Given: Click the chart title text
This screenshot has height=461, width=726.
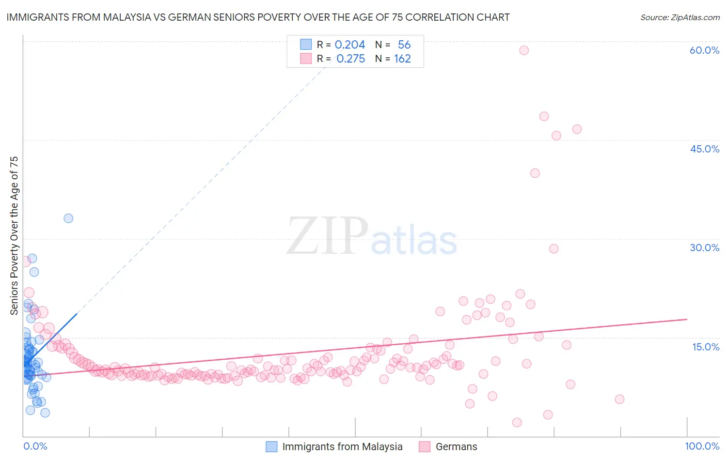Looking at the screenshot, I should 258,17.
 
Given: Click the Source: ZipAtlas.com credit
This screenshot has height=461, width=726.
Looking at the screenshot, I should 680,17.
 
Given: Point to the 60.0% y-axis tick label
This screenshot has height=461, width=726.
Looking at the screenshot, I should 704,50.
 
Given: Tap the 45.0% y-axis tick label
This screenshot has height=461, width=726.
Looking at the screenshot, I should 704,149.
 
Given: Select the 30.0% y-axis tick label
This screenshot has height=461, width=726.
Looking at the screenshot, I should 704,248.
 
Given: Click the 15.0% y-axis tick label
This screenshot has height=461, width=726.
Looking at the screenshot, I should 705,347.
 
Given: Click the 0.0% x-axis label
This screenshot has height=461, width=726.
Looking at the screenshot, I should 35,446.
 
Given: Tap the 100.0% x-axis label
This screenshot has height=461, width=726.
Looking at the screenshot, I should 702,446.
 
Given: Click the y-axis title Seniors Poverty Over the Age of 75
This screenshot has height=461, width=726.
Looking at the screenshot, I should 14,235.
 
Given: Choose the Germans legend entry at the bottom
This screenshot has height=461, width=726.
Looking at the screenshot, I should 456,447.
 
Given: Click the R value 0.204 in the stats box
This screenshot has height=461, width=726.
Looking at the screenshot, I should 350,44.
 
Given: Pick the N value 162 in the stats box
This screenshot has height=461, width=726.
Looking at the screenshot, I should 402,58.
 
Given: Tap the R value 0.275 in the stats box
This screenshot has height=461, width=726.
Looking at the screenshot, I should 351,58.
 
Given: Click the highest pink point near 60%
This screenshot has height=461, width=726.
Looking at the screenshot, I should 524,50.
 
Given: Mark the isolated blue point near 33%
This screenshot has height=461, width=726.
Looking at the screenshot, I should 68,218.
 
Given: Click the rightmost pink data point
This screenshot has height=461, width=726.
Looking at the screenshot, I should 620,399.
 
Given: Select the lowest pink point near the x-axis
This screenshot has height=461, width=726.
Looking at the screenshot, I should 517,422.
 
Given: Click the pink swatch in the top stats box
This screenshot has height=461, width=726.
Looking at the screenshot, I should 306,58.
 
